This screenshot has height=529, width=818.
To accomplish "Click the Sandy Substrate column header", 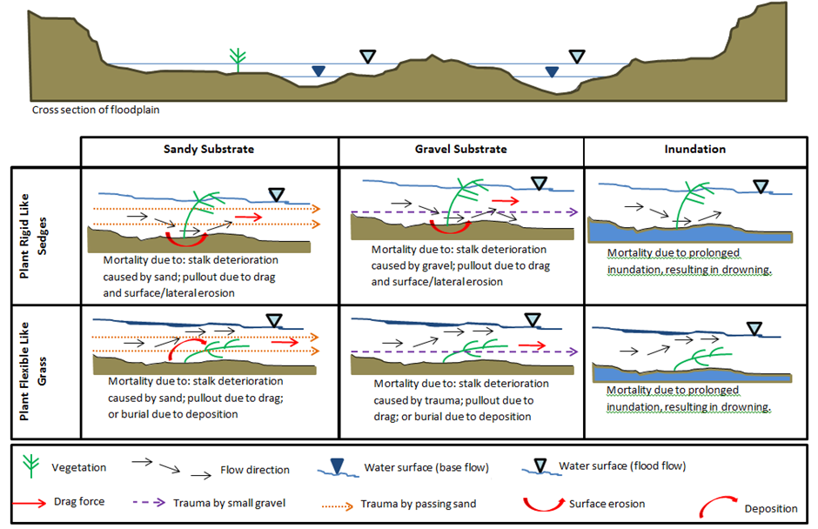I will click(x=209, y=149).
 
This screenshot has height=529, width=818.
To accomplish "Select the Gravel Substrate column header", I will click(x=460, y=149).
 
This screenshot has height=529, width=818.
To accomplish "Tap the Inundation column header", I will click(x=694, y=149).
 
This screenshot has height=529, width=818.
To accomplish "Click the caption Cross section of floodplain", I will click(x=96, y=110).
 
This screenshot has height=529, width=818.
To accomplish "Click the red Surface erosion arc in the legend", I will click(x=540, y=503).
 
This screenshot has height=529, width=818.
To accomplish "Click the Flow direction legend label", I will click(x=256, y=470).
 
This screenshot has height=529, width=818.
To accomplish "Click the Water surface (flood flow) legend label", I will click(x=623, y=465).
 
